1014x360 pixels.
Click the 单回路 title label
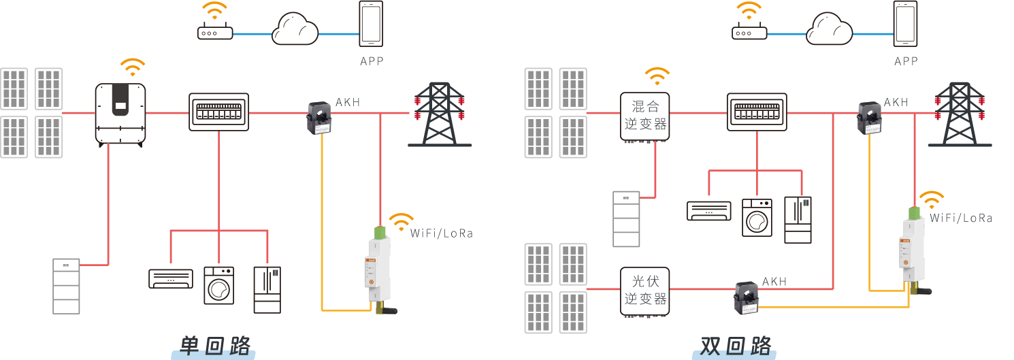(x=214, y=345)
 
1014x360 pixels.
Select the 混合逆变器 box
(x=645, y=115)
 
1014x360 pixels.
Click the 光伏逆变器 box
(x=645, y=291)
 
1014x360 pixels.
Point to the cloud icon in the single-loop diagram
(x=295, y=31)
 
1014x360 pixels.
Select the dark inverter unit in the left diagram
(x=120, y=114)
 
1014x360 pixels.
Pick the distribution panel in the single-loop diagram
(x=218, y=112)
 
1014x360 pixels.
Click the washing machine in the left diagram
(x=218, y=285)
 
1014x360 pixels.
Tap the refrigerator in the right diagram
(x=798, y=219)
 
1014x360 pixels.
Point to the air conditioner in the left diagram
(x=171, y=278)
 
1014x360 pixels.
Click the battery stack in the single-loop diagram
(x=66, y=286)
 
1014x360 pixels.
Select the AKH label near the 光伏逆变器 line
(x=774, y=281)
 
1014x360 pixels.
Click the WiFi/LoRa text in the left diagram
(x=441, y=233)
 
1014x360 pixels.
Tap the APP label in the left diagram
(x=372, y=61)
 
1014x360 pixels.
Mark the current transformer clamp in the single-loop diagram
(x=319, y=117)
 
